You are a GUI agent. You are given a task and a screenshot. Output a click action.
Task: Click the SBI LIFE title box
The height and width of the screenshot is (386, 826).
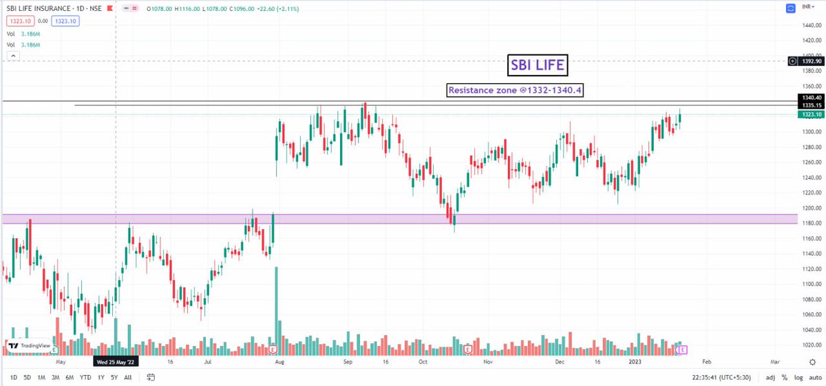click(538, 65)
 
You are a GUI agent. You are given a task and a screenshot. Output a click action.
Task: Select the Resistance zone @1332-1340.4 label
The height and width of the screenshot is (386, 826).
click(515, 90)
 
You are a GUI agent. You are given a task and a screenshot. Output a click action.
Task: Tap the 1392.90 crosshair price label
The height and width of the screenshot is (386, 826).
click(811, 61)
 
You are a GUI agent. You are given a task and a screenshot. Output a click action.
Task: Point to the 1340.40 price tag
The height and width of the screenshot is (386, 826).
click(811, 98)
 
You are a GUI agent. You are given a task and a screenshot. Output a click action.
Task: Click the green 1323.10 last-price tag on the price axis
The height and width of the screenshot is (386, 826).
click(811, 115)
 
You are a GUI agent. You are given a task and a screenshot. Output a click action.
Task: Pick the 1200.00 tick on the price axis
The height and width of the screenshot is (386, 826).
click(812, 208)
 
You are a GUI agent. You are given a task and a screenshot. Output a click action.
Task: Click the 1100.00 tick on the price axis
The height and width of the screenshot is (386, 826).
click(812, 284)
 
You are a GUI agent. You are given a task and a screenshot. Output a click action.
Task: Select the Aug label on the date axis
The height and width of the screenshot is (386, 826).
click(279, 362)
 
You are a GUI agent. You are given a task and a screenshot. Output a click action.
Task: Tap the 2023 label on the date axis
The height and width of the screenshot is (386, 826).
click(635, 362)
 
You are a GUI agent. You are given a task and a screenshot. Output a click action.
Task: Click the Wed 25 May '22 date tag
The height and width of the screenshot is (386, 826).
click(116, 362)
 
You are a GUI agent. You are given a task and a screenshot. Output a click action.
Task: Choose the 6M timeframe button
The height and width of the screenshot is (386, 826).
click(70, 378)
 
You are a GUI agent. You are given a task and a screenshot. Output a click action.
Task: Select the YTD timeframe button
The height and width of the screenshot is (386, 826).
click(85, 378)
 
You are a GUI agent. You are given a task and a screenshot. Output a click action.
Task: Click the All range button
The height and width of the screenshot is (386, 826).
click(127, 378)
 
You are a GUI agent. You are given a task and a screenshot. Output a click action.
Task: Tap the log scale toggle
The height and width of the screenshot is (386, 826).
click(798, 378)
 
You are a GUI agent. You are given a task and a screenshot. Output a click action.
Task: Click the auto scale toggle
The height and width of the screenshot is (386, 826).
click(815, 378)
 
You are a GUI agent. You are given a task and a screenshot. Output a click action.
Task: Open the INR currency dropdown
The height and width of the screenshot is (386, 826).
click(808, 7)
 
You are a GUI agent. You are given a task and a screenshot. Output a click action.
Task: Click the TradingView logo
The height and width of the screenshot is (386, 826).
click(29, 346)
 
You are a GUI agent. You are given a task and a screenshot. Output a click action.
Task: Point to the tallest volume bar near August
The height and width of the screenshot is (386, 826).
click(277, 310)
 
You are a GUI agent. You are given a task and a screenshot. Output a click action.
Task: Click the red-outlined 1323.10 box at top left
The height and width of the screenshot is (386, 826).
click(20, 21)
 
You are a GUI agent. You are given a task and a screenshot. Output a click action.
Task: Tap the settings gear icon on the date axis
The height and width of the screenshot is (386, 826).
click(812, 362)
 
